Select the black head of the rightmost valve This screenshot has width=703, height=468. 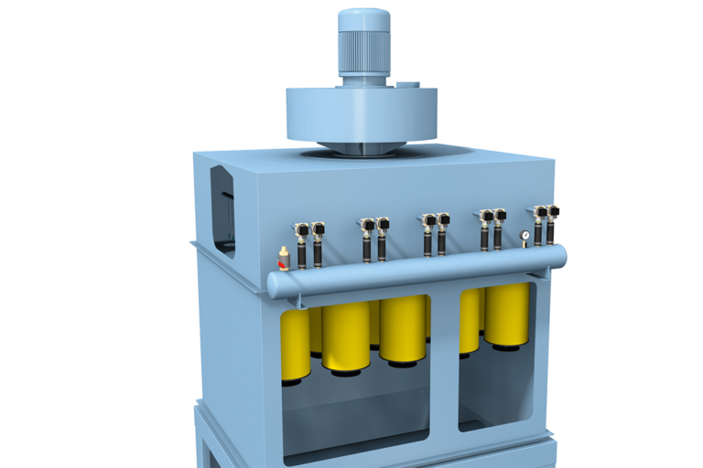pyautogui.click(x=553, y=212)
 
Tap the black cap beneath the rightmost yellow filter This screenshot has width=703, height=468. pyautogui.click(x=506, y=347)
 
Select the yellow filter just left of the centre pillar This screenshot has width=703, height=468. pyautogui.click(x=403, y=329)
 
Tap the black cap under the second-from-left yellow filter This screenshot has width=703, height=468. pyautogui.click(x=346, y=371)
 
